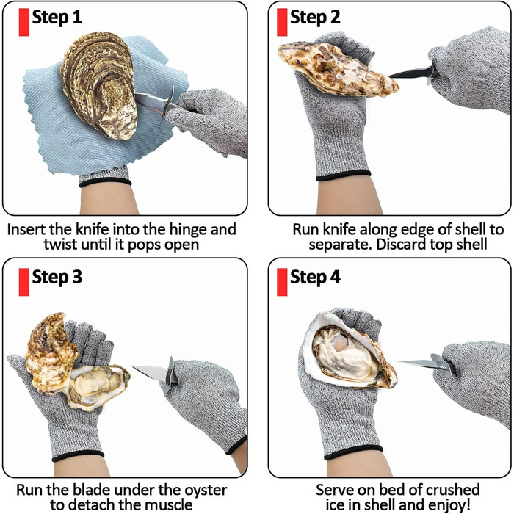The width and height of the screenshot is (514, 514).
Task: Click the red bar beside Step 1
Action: click(24, 22)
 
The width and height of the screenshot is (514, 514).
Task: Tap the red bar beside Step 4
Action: click(282, 282)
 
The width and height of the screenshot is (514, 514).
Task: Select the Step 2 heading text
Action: click(315, 17)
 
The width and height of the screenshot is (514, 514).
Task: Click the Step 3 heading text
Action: click(57, 278)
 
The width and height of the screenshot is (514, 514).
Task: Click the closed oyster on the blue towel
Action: click(100, 84)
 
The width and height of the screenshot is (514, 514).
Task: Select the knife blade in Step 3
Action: click(151, 372)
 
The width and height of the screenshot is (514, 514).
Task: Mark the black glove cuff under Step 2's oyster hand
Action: click(343, 175)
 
